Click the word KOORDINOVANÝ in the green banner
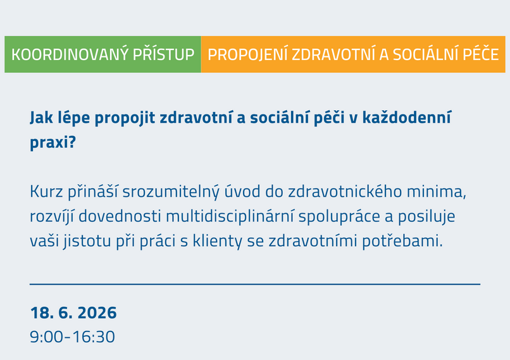click(x=70, y=54)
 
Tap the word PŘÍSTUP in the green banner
click(x=163, y=54)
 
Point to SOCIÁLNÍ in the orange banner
click(x=418, y=54)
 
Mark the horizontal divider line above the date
click(x=254, y=284)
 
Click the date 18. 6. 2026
click(x=73, y=313)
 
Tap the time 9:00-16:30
click(x=72, y=337)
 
